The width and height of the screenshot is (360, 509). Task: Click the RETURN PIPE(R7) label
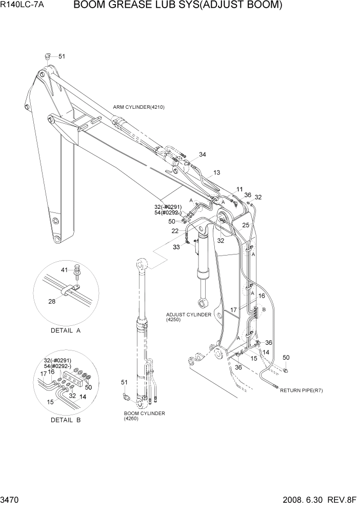point(301,390)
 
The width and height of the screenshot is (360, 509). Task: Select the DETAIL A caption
point(66,331)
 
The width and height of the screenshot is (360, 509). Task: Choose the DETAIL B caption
point(66,420)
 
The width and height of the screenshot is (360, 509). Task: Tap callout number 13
point(216,172)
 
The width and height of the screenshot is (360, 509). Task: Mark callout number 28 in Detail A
point(52,301)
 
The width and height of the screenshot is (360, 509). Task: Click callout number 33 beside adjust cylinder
point(176,247)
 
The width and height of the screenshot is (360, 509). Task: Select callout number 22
point(175,231)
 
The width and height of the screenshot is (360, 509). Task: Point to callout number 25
point(246,225)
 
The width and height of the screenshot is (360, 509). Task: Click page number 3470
point(12,498)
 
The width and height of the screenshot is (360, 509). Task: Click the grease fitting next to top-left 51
point(47,57)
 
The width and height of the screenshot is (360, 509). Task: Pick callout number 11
point(239,189)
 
